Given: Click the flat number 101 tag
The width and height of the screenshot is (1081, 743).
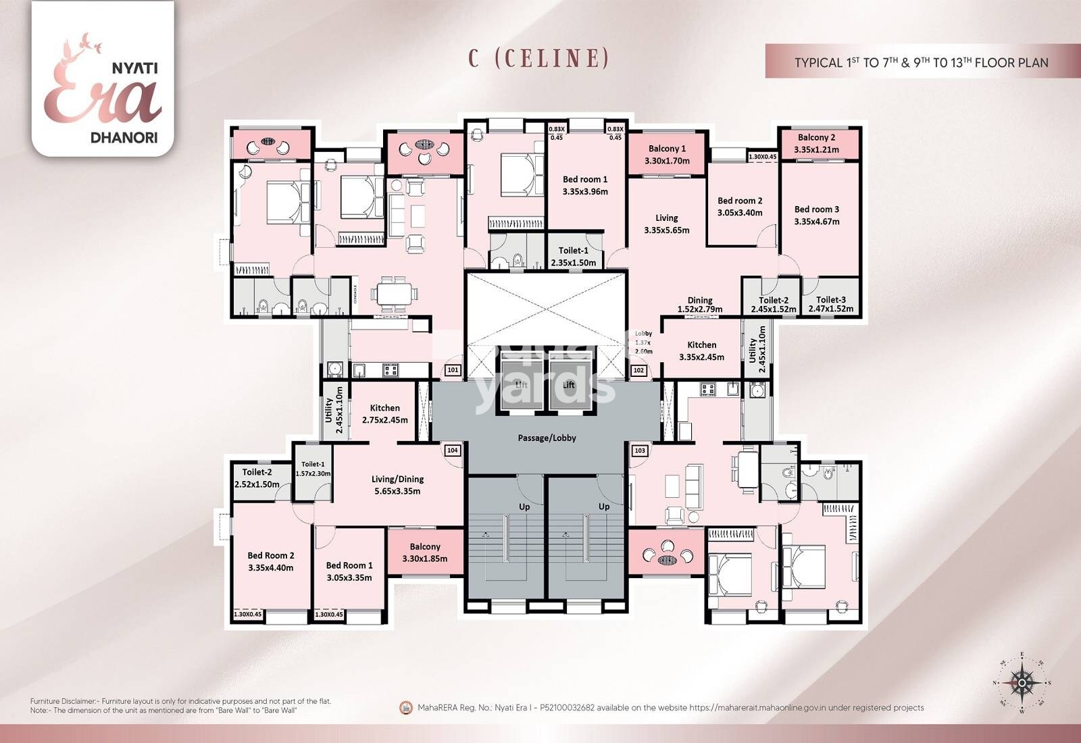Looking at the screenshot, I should pyautogui.click(x=453, y=370).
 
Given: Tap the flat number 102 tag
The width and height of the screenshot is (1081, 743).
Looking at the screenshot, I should pyautogui.click(x=638, y=370).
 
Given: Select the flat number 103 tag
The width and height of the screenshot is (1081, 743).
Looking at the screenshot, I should pyautogui.click(x=639, y=451).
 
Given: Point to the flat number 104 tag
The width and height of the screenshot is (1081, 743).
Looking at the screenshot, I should pyautogui.click(x=453, y=451).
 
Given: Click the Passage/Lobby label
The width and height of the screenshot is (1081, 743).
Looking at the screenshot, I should pyautogui.click(x=547, y=438).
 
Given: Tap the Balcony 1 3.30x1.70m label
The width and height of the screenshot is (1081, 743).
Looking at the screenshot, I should pyautogui.click(x=667, y=155).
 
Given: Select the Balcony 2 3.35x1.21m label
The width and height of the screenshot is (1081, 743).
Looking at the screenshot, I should pyautogui.click(x=816, y=143).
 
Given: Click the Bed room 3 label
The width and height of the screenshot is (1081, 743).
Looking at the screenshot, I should pyautogui.click(x=816, y=215).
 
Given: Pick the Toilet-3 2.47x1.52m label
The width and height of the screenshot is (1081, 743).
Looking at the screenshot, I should pyautogui.click(x=830, y=304).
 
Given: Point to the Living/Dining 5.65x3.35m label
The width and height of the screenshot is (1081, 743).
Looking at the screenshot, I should pyautogui.click(x=397, y=485).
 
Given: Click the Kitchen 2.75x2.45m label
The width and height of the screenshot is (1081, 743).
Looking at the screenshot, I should pyautogui.click(x=384, y=413).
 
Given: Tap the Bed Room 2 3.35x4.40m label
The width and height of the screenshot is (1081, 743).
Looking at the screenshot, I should pyautogui.click(x=270, y=561).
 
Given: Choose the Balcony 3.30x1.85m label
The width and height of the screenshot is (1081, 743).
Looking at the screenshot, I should pyautogui.click(x=425, y=553).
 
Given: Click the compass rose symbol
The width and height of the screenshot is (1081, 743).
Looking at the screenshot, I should pyautogui.click(x=1023, y=683).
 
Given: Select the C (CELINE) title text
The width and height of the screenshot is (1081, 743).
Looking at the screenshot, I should pyautogui.click(x=539, y=58).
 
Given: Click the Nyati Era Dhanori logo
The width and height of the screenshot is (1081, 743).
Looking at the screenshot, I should pyautogui.click(x=103, y=79).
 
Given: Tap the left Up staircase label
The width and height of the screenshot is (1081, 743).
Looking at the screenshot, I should pyautogui.click(x=524, y=507).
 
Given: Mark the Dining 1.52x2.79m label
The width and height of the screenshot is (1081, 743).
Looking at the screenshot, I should pyautogui.click(x=699, y=305).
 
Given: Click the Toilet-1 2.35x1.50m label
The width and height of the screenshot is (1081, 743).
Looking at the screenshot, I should pyautogui.click(x=573, y=257).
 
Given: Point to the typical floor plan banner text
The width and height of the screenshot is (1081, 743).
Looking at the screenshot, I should pyautogui.click(x=921, y=62).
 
